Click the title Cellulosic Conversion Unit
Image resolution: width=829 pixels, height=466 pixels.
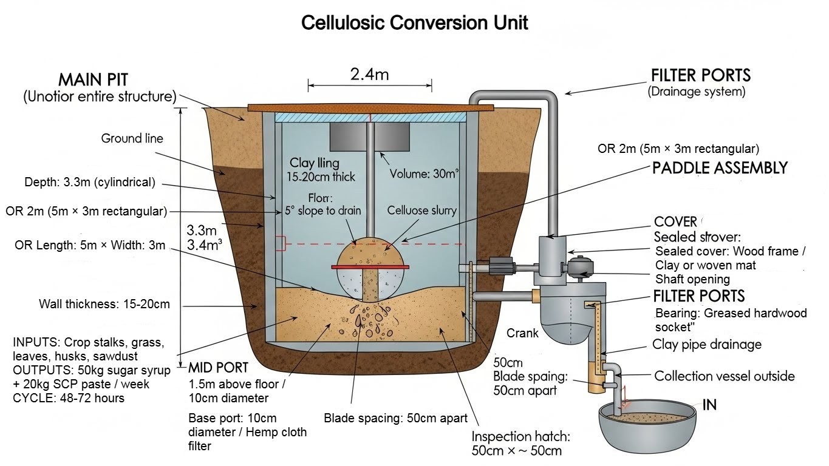tap(415, 23)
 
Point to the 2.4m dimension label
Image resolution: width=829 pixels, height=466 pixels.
tap(369, 75)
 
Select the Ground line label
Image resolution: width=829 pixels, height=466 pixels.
tap(132, 138)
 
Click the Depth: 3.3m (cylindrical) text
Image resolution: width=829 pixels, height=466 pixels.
tap(90, 182)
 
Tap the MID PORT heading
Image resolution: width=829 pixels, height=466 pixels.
tap(218, 368)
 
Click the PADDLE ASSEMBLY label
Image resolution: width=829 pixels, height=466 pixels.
tap(720, 168)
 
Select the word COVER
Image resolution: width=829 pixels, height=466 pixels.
tap(675, 222)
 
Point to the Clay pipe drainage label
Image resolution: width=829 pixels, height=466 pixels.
tap(706, 345)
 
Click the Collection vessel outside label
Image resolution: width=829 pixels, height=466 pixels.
tap(724, 376)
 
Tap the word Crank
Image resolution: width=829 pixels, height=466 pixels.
tap(522, 333)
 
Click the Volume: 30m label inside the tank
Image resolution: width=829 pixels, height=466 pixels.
tap(424, 174)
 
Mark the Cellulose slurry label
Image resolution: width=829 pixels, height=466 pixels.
tap(422, 211)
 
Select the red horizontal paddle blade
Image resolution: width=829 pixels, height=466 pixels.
tap(369, 266)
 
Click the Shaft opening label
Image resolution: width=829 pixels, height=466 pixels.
tap(692, 279)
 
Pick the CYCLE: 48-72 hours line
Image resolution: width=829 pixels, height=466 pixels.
tap(69, 398)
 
